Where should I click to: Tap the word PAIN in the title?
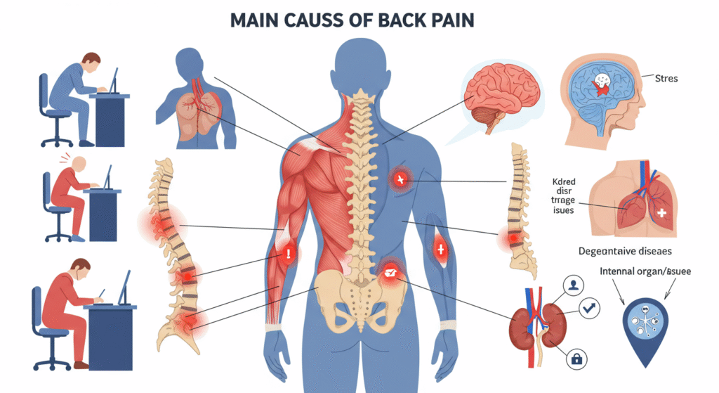coord(452,19)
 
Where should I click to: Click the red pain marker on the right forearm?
coord(440,247)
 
